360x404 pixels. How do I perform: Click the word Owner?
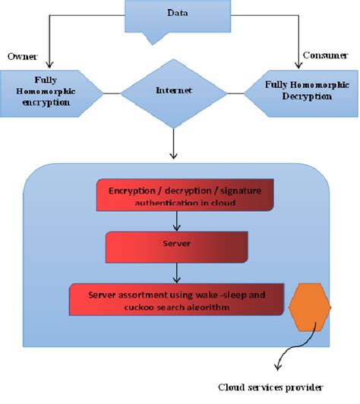22,56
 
